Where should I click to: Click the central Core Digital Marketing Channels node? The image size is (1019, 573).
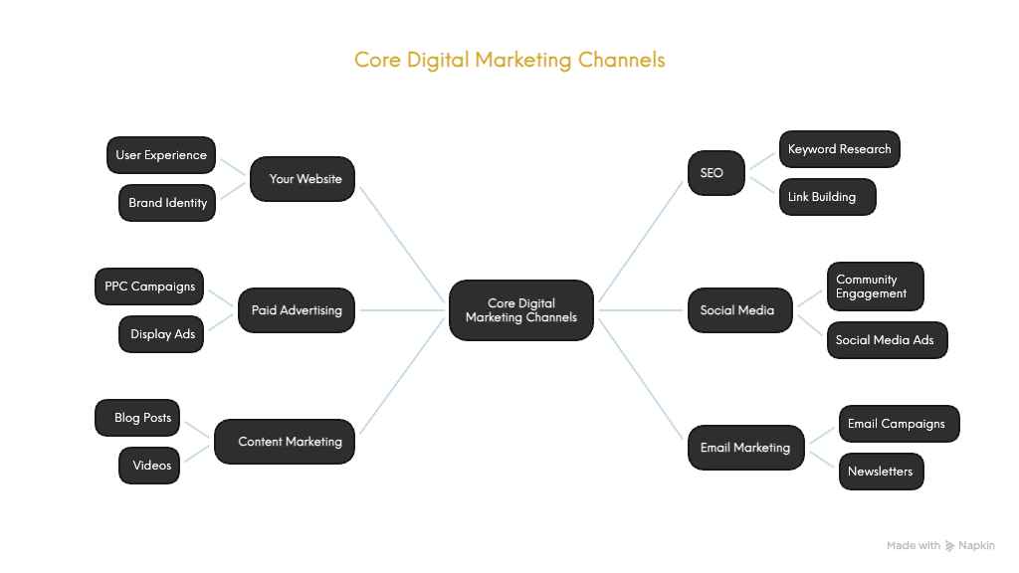(x=520, y=310)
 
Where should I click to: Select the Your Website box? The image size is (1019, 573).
(x=303, y=179)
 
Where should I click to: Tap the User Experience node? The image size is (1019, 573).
(x=161, y=155)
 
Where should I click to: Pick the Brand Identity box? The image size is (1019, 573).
(x=167, y=203)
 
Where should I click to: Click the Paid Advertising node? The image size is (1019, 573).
(x=296, y=310)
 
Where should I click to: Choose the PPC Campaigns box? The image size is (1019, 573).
(x=149, y=286)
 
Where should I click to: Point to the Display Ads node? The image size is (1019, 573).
(x=162, y=334)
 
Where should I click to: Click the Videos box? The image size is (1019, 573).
(x=150, y=466)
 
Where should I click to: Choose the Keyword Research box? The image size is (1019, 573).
(x=839, y=149)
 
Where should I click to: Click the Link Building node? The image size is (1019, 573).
(x=826, y=197)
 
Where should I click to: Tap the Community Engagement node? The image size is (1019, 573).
(x=875, y=286)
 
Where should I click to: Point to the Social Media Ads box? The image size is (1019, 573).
(x=886, y=340)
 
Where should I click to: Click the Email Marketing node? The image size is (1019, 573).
(x=745, y=448)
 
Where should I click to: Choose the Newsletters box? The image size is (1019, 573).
(x=880, y=472)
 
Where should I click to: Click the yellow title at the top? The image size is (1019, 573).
(x=509, y=60)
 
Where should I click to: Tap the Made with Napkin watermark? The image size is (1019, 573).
(x=940, y=545)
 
